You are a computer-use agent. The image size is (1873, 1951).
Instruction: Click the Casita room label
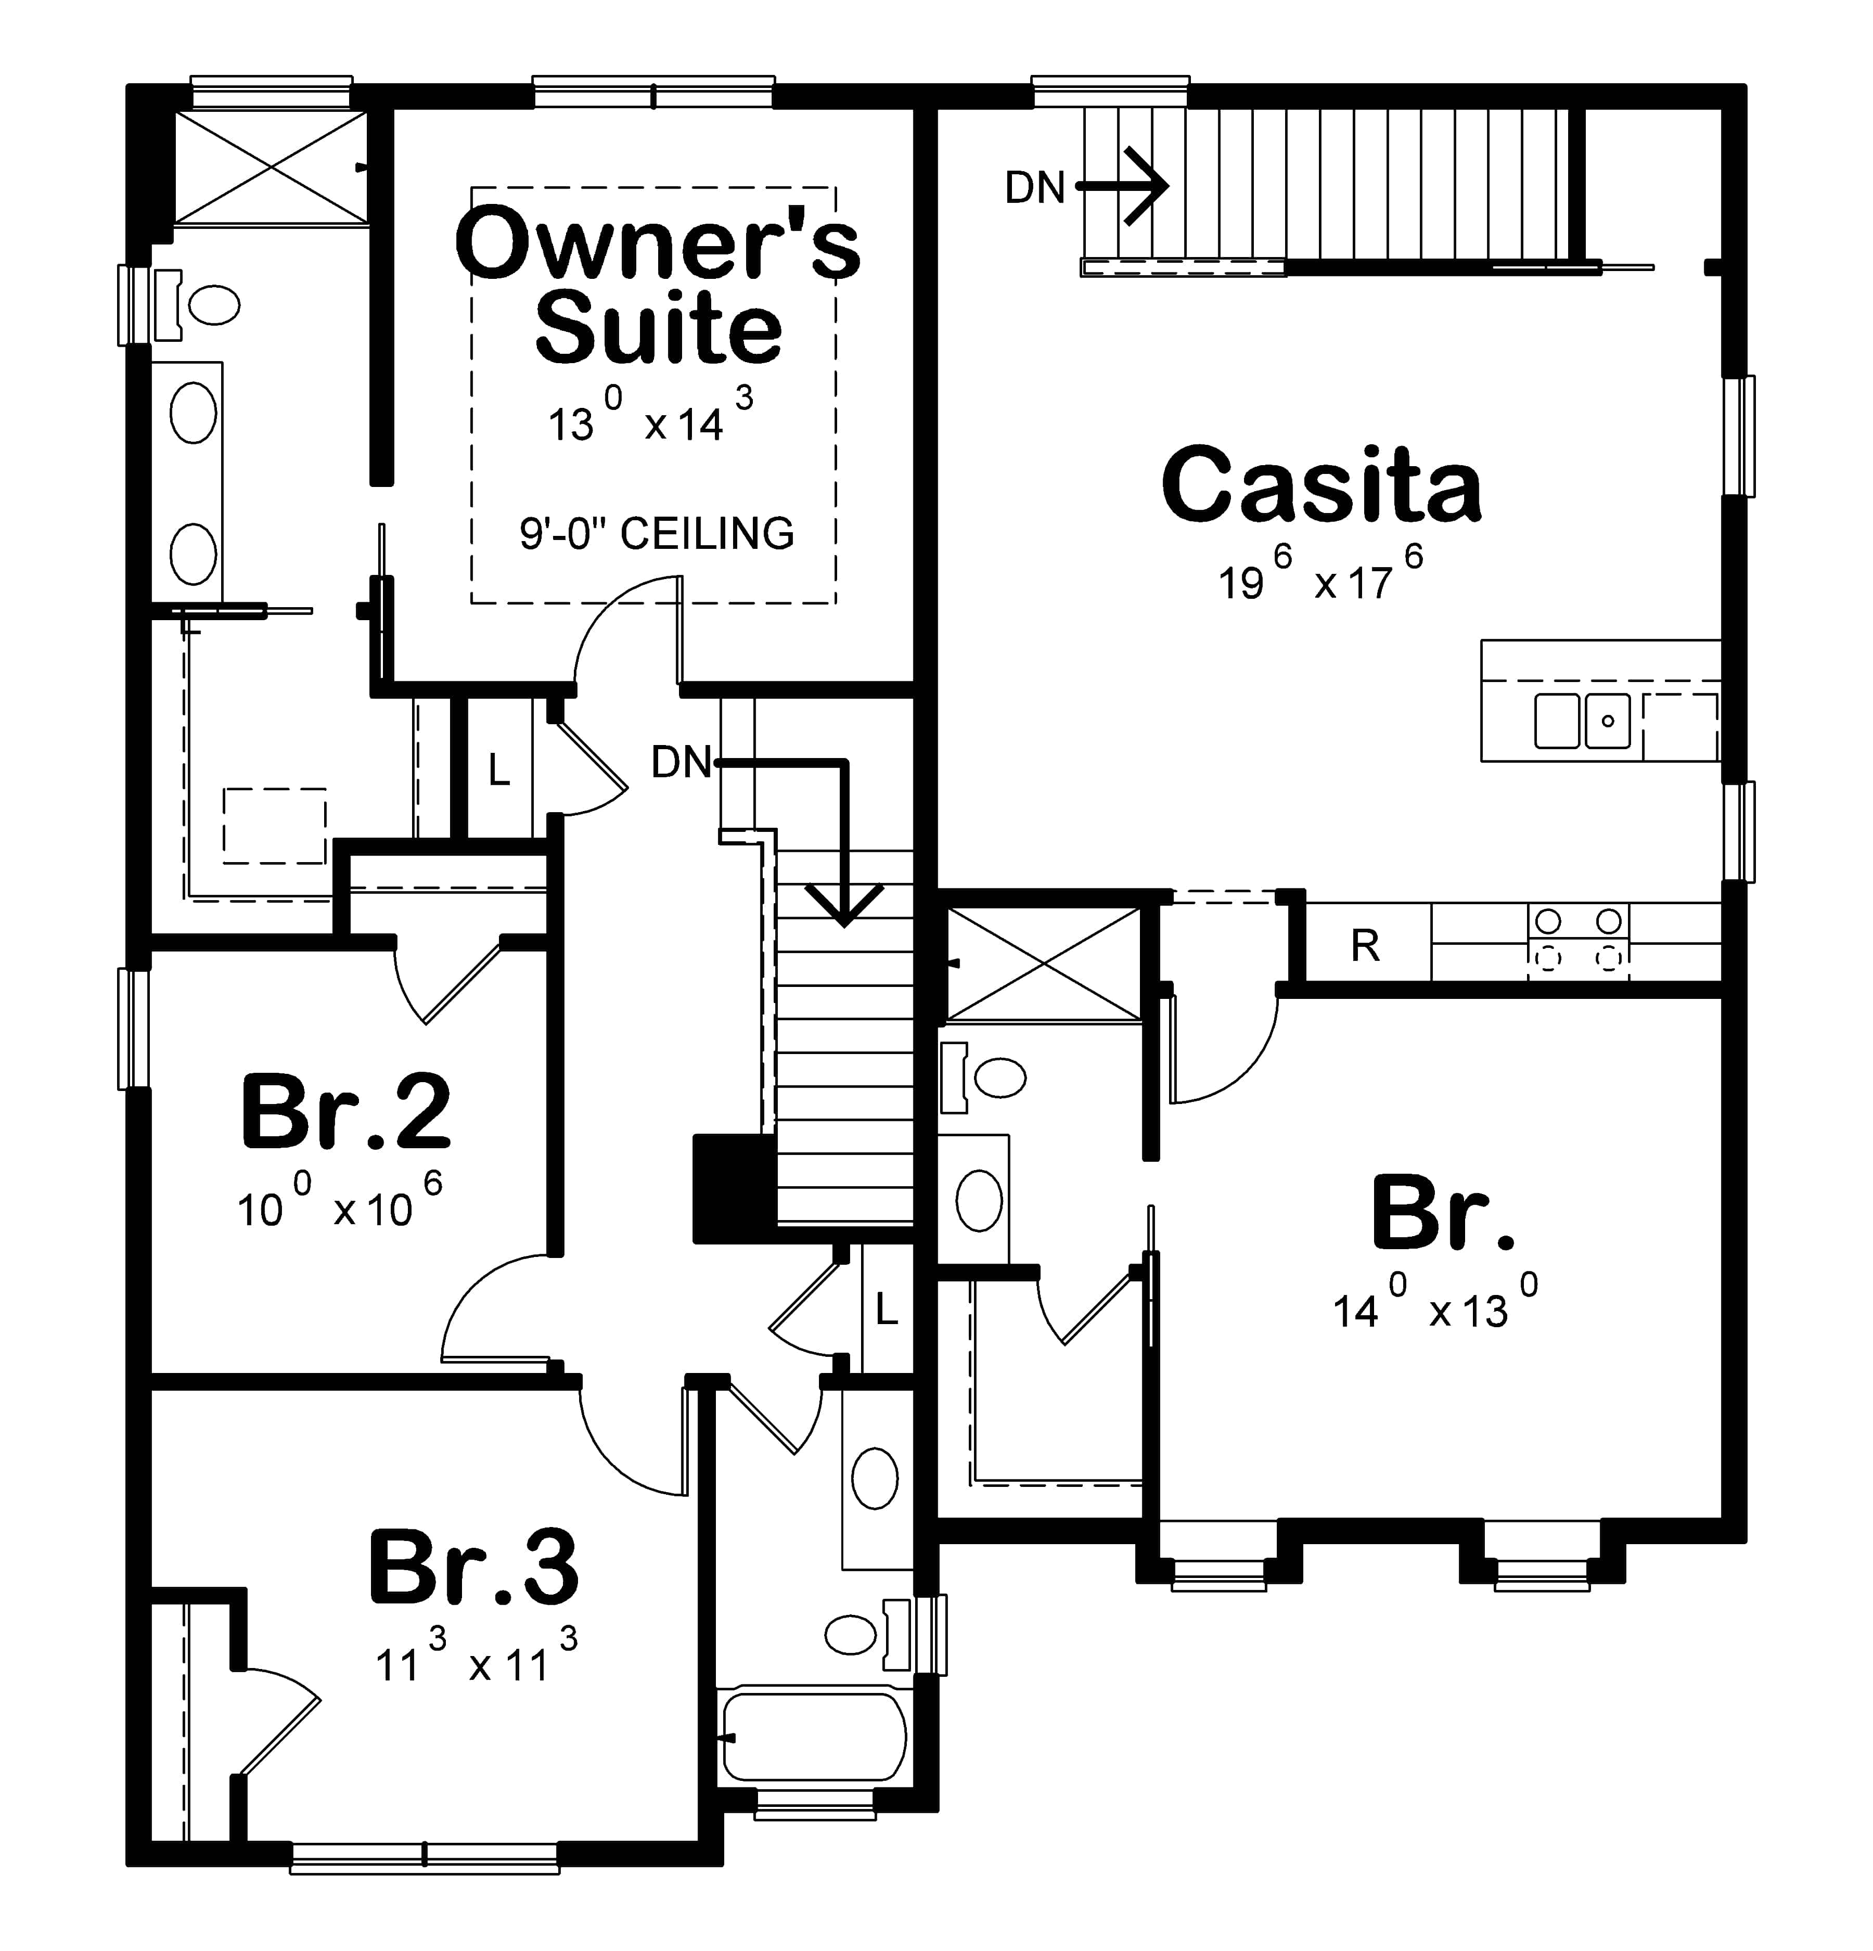(x=1320, y=486)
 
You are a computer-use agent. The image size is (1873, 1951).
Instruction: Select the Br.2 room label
(x=345, y=1111)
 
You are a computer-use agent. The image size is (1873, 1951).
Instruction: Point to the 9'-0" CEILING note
(x=657, y=534)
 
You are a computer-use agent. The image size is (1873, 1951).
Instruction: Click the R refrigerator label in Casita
(x=1365, y=946)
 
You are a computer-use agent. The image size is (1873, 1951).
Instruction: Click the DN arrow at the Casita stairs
(x=1145, y=186)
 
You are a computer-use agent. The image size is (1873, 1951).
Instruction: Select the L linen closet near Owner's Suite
(x=498, y=769)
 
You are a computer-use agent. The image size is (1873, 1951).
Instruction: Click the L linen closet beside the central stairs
(x=886, y=1309)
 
